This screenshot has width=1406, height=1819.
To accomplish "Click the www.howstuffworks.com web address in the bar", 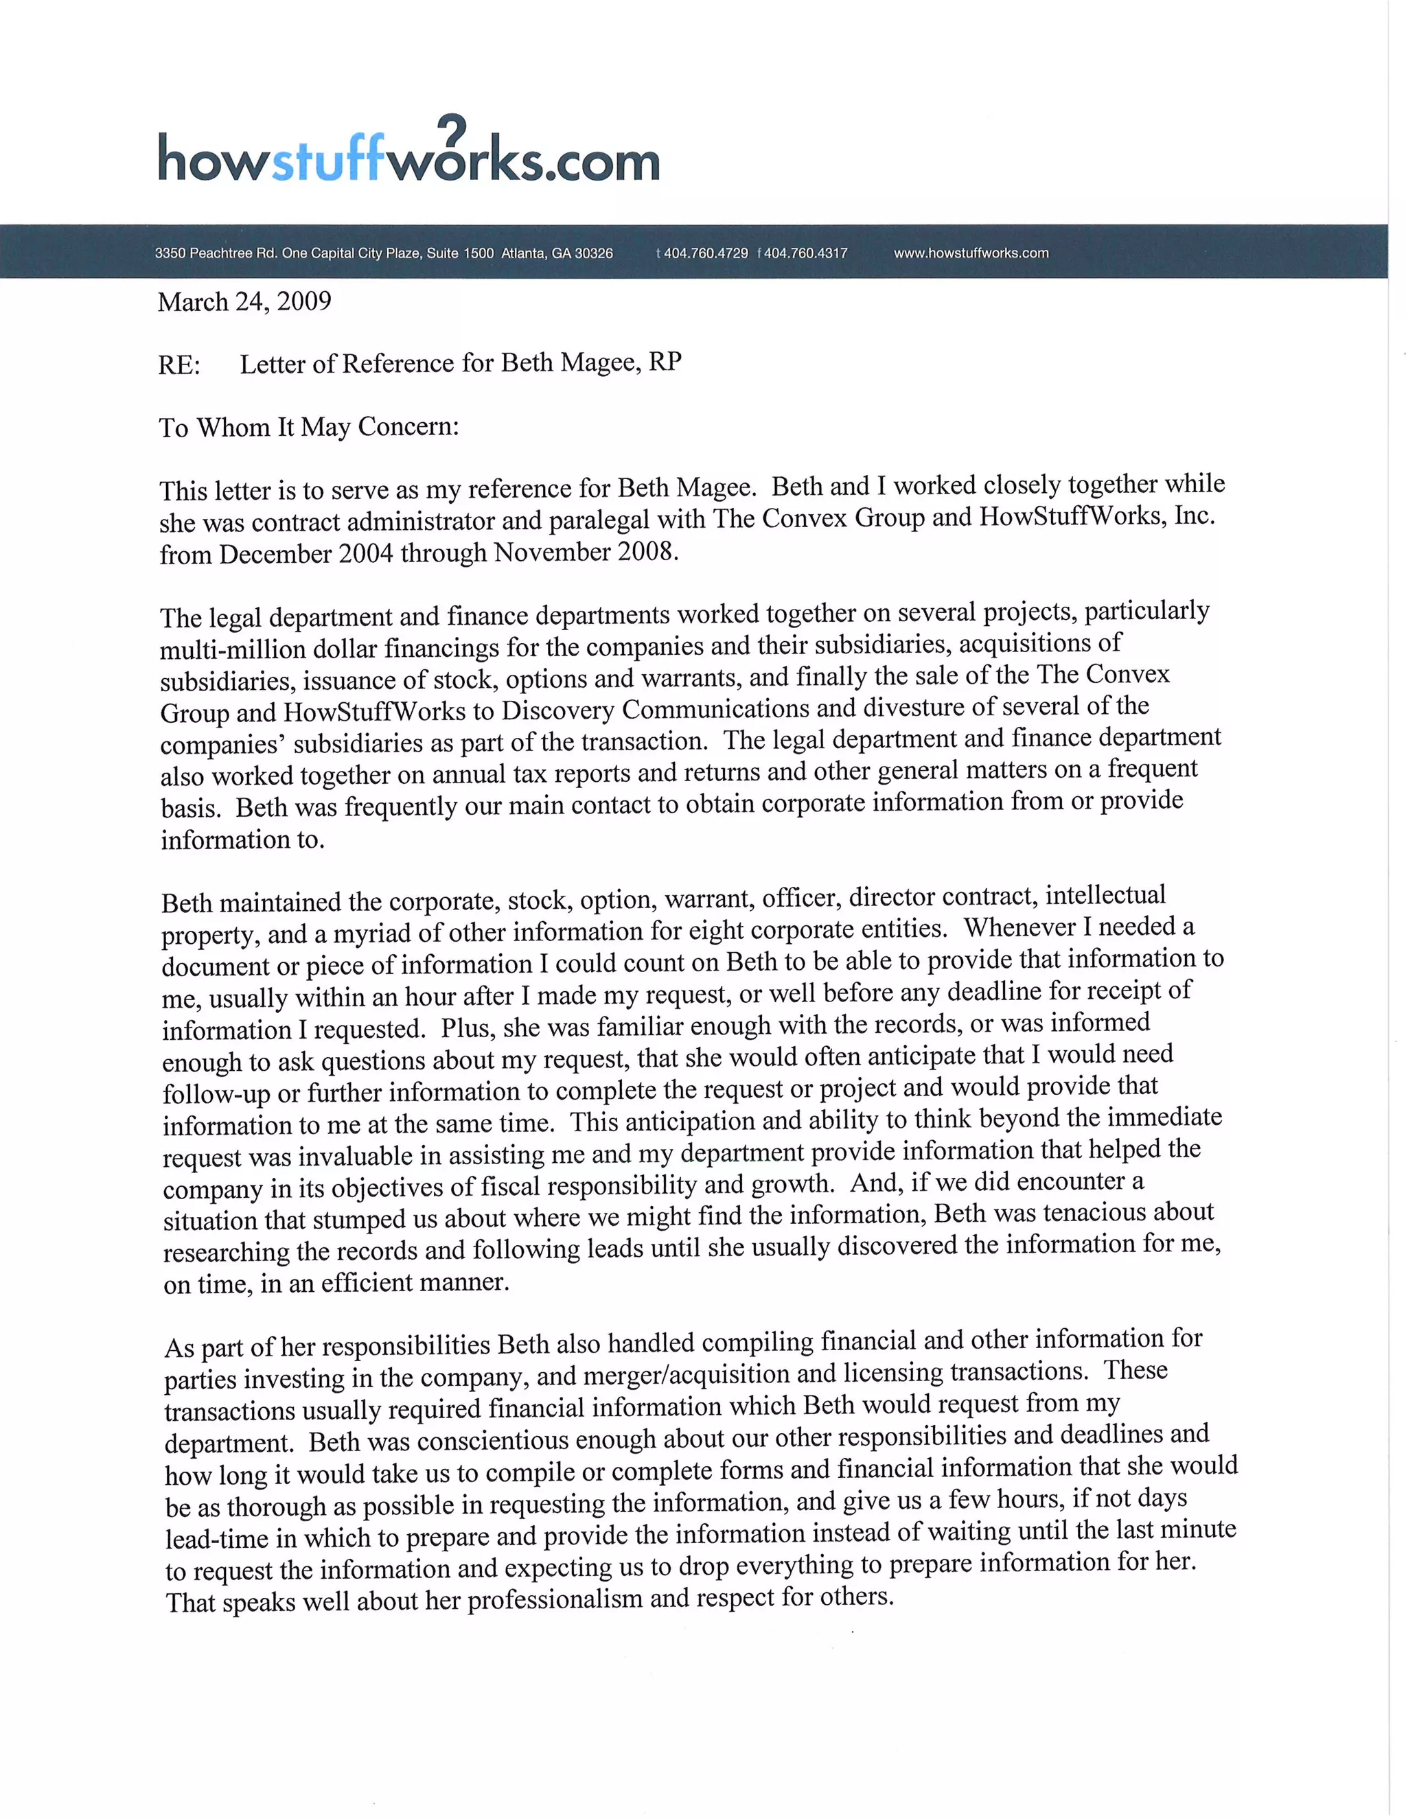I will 971,253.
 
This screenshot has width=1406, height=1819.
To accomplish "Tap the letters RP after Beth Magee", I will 665,362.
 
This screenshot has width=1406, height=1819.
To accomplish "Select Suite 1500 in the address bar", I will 461,253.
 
